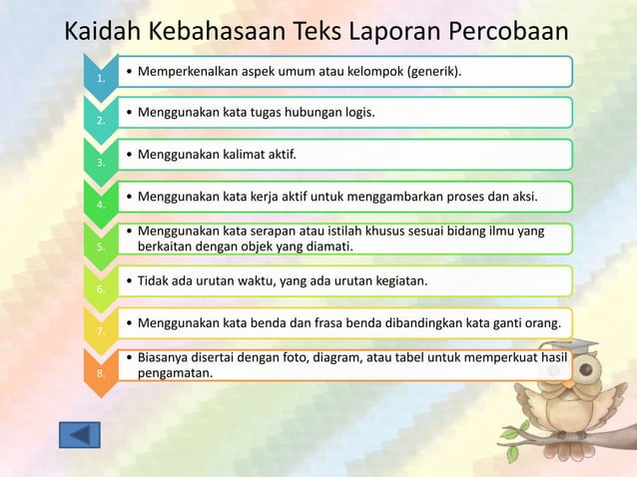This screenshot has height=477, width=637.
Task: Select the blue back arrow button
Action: tap(80, 435)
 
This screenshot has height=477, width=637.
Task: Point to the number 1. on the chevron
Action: tap(100, 79)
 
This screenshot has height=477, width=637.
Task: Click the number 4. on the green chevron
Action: tap(100, 205)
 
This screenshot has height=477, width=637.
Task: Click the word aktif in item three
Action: tap(278, 156)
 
